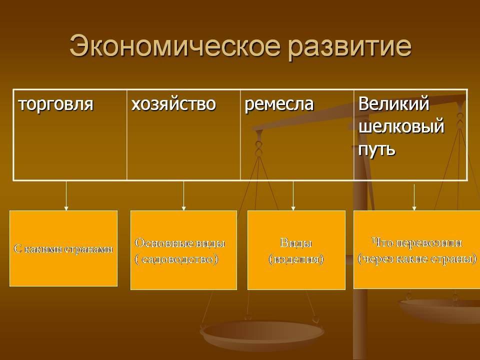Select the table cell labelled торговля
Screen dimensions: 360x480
coord(70,134)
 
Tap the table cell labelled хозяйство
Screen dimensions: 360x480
coord(183,134)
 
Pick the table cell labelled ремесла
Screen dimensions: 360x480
coord(297,134)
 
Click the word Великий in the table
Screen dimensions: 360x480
coord(394,104)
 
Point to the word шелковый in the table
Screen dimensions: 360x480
coord(401,126)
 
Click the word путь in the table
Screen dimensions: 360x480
coord(377,148)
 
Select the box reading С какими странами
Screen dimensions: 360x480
coord(63,248)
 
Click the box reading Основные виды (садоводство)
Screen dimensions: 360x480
coord(183,250)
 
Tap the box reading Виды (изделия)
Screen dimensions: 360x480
coord(296,250)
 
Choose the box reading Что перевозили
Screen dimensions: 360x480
coord(416,249)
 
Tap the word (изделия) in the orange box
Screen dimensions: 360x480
coord(296,259)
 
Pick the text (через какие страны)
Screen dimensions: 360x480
coord(416,259)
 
